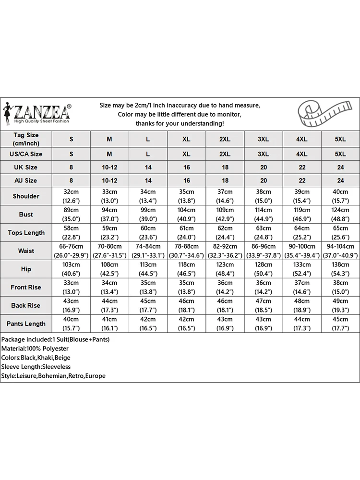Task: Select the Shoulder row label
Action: click(x=26, y=196)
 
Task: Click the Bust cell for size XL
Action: click(x=186, y=215)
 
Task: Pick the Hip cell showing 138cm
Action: click(x=340, y=269)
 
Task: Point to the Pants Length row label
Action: click(x=26, y=324)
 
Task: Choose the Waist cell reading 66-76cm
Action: click(x=71, y=251)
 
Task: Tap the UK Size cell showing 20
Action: click(x=263, y=168)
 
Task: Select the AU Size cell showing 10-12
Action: click(x=109, y=181)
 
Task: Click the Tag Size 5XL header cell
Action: click(x=340, y=139)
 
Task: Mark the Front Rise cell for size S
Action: click(x=71, y=288)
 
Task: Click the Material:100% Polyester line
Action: click(x=35, y=348)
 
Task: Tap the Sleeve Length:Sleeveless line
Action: click(x=36, y=367)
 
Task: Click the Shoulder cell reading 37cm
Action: click(x=225, y=196)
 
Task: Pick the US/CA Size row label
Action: click(x=26, y=154)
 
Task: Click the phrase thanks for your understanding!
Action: click(x=180, y=123)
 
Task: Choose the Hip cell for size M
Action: click(x=109, y=269)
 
